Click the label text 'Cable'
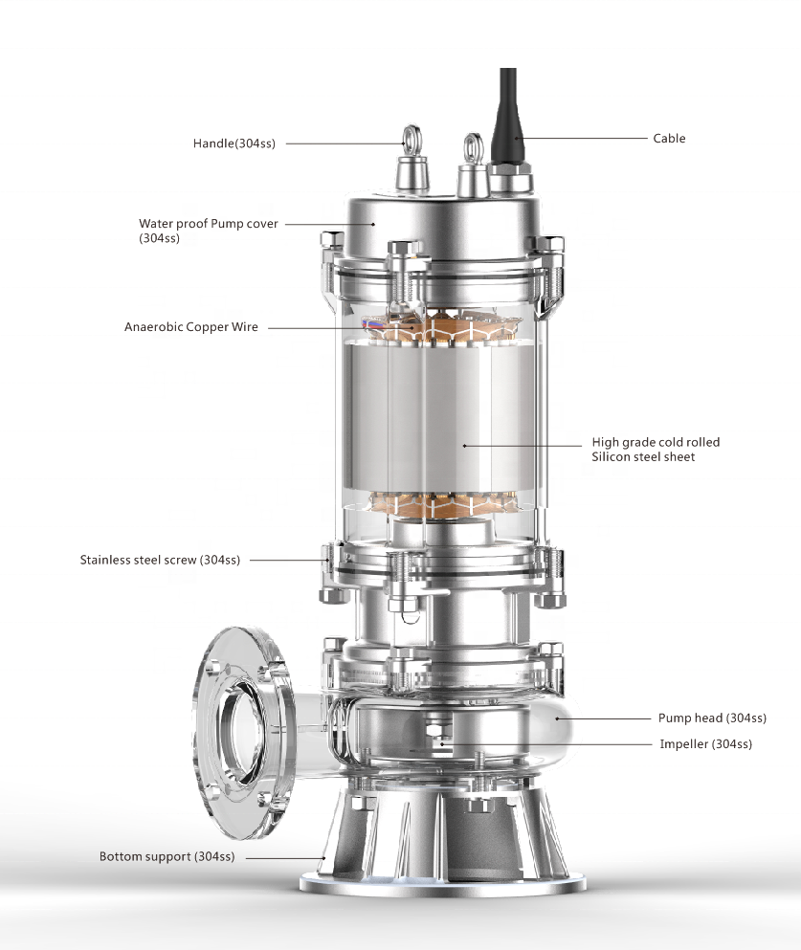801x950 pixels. click(x=669, y=138)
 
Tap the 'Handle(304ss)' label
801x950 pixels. click(x=234, y=144)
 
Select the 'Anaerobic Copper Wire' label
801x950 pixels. click(x=190, y=326)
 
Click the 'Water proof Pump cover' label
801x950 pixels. click(x=208, y=224)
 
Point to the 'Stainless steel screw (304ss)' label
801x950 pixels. click(x=160, y=560)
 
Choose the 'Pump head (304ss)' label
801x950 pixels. click(x=712, y=718)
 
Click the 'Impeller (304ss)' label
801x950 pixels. click(x=705, y=743)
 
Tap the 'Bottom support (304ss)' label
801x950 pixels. click(x=167, y=856)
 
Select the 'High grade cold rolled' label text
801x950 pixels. click(x=656, y=442)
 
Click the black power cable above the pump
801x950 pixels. click(x=507, y=105)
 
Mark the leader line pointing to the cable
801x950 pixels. click(x=584, y=139)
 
